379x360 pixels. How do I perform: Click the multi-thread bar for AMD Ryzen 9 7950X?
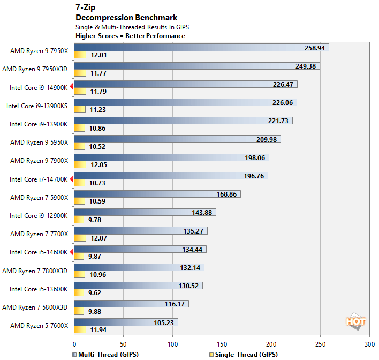point(201,48)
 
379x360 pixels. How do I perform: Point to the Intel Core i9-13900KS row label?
point(37,106)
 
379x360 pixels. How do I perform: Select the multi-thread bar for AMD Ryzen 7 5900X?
point(157,194)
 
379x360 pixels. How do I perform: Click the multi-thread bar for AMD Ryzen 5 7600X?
point(126,322)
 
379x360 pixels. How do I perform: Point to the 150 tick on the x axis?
point(222,345)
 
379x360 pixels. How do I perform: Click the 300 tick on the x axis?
point(369,345)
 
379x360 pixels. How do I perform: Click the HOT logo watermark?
point(355,321)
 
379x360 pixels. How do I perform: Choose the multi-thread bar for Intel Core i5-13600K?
point(138,286)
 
